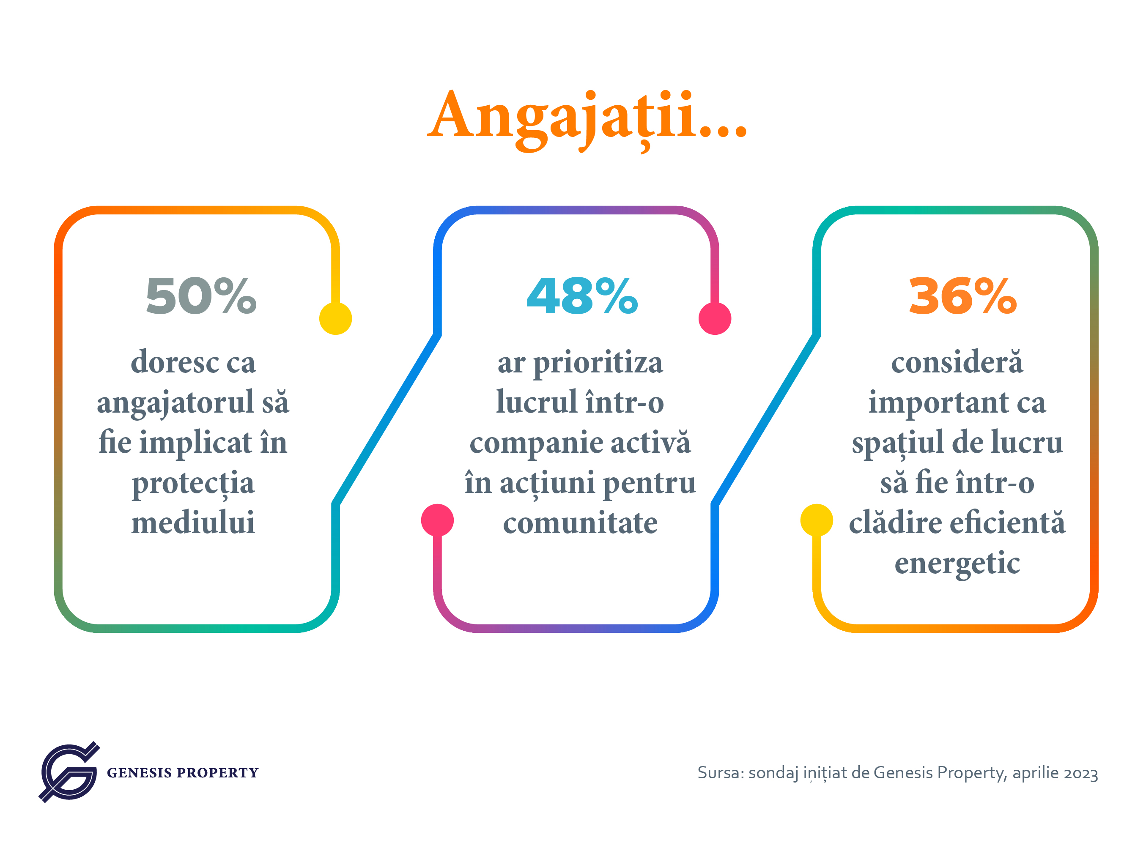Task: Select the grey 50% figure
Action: [201, 296]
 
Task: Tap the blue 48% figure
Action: [582, 296]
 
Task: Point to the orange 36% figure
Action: [962, 296]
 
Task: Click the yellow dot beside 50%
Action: [336, 319]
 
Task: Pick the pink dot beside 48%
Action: [715, 319]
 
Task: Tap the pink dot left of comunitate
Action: [437, 520]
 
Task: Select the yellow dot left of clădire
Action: [816, 520]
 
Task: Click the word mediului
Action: [193, 522]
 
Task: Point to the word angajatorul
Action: [175, 403]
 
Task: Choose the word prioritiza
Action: [598, 363]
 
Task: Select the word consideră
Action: [957, 361]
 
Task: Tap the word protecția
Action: [193, 484]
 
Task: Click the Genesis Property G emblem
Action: [69, 772]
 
